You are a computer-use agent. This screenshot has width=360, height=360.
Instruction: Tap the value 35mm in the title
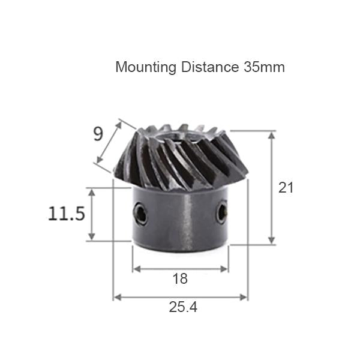pos(264,67)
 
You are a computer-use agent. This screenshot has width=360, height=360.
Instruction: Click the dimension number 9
pos(98,134)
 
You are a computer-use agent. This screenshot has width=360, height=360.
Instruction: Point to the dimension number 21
pos(286,187)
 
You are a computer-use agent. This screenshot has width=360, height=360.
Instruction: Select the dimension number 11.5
pos(67,214)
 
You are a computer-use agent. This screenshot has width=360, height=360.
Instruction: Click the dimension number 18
pos(179,279)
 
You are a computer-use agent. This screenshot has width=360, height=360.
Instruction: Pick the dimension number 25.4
pos(182,308)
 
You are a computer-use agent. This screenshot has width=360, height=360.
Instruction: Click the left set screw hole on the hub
pos(140,214)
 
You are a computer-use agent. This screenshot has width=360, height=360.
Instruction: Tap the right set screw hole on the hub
pos(222,213)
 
